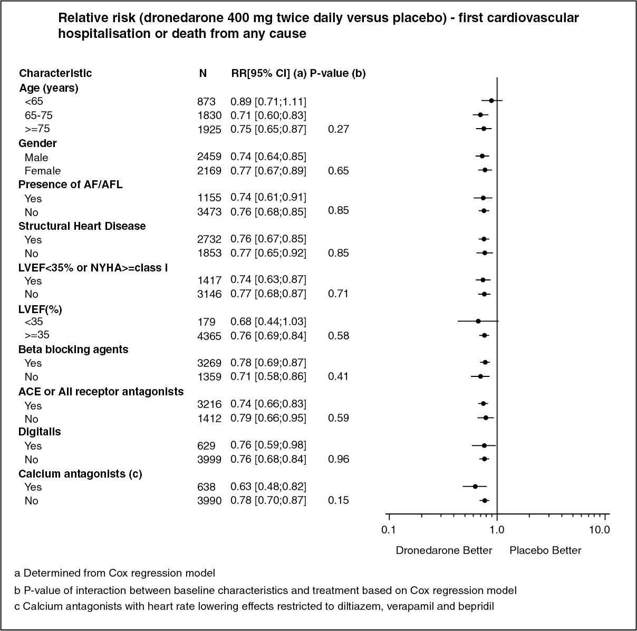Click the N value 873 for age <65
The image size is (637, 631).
point(206,102)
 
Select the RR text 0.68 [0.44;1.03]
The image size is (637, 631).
point(268,322)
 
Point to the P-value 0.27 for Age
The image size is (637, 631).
point(338,129)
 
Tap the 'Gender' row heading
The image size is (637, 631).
point(37,143)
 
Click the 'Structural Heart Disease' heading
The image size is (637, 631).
point(82,226)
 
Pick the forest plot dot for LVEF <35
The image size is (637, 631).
point(478,321)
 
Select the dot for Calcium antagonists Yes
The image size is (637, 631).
point(475,486)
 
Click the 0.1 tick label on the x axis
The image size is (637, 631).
point(388,530)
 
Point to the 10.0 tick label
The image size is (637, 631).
point(600,530)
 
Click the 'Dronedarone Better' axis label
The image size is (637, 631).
point(444,551)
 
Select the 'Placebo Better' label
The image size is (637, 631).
point(545,551)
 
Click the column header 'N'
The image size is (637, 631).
point(203,73)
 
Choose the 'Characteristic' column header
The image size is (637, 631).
point(55,73)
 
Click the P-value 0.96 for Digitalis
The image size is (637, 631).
point(338,459)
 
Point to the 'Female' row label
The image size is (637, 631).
point(43,171)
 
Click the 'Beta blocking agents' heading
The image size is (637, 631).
point(73,350)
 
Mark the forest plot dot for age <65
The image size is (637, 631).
point(491,100)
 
